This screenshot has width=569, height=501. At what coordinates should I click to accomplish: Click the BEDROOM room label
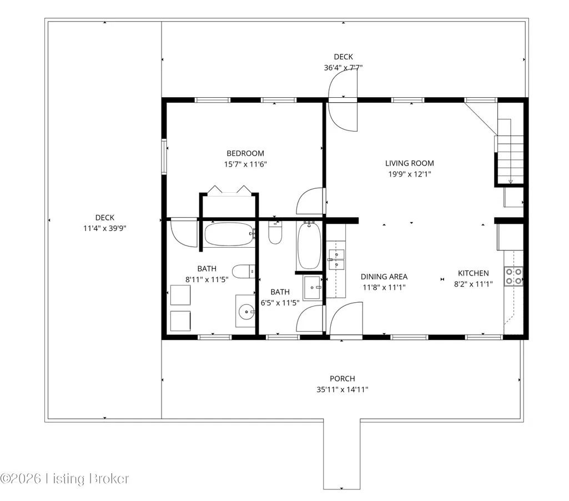click(245, 153)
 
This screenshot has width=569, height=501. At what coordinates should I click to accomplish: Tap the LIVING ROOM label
click(409, 163)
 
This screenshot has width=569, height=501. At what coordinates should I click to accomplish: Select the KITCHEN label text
click(473, 273)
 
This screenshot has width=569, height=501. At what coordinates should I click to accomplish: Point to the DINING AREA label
click(384, 277)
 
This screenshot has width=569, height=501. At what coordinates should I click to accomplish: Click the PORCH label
click(342, 379)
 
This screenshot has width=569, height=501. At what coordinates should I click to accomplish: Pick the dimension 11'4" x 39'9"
click(105, 228)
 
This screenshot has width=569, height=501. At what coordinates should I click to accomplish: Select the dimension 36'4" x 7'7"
click(343, 68)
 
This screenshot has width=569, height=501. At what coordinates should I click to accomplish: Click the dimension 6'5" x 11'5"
click(280, 303)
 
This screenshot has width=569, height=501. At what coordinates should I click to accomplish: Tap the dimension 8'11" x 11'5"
click(207, 279)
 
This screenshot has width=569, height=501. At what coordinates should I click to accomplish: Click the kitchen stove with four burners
click(513, 276)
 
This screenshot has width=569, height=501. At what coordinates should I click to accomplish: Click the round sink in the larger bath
click(246, 312)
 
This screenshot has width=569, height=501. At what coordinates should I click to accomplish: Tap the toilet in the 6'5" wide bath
click(275, 233)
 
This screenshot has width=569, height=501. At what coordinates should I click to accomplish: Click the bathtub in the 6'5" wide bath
click(309, 246)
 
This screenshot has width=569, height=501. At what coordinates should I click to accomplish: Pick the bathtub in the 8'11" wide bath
click(229, 234)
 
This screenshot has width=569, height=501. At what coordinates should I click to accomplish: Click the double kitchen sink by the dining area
click(336, 259)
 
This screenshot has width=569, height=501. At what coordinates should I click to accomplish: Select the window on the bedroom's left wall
click(164, 157)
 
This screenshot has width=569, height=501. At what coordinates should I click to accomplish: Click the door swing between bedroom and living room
click(311, 201)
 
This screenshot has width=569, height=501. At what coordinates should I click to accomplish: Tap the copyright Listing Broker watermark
click(64, 479)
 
